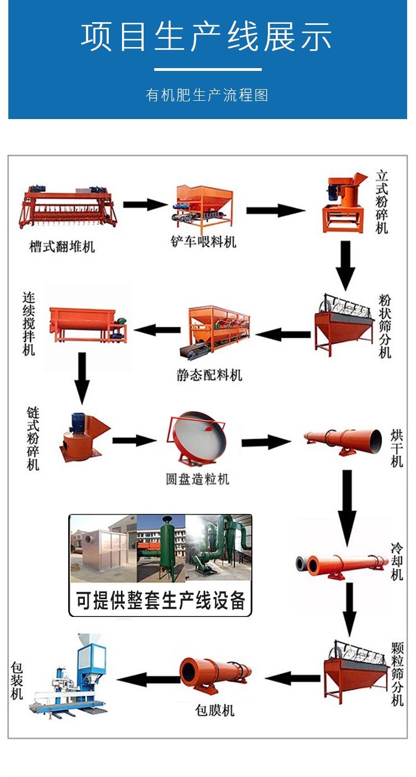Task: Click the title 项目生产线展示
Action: click(x=206, y=37)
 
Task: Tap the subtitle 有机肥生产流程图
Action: click(x=207, y=95)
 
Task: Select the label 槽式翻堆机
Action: click(x=62, y=246)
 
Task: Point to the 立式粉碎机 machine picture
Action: click(x=344, y=203)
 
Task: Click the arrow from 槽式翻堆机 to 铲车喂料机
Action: click(x=145, y=204)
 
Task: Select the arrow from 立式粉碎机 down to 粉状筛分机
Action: click(x=345, y=266)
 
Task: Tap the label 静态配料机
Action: click(x=209, y=375)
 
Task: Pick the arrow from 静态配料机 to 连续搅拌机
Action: click(x=157, y=330)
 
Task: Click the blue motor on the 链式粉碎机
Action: click(x=78, y=422)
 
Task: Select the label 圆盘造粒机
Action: click(x=197, y=479)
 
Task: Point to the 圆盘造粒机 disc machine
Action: click(x=197, y=440)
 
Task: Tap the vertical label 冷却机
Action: click(x=397, y=562)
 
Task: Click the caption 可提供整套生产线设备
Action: click(x=160, y=600)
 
